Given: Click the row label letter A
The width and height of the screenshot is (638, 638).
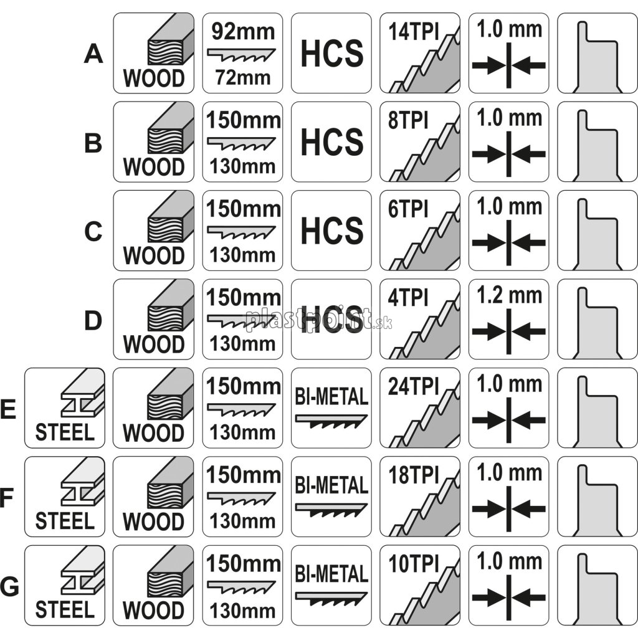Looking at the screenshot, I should pyautogui.click(x=93, y=55).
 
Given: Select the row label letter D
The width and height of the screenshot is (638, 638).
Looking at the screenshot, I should pyautogui.click(x=93, y=321).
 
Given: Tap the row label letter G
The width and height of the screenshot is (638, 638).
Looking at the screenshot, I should pyautogui.click(x=11, y=586).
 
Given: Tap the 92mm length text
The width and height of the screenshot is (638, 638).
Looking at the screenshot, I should pyautogui.click(x=242, y=31).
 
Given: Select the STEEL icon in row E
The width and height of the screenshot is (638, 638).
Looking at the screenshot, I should pyautogui.click(x=65, y=409).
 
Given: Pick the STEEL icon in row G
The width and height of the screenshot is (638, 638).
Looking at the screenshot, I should pyautogui.click(x=65, y=586).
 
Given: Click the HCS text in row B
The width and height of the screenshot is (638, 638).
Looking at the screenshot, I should pyautogui.click(x=331, y=142).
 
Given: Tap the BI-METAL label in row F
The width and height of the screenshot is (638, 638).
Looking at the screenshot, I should pyautogui.click(x=331, y=484).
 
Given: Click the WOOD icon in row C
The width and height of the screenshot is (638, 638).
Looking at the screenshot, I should pyautogui.click(x=154, y=231).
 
